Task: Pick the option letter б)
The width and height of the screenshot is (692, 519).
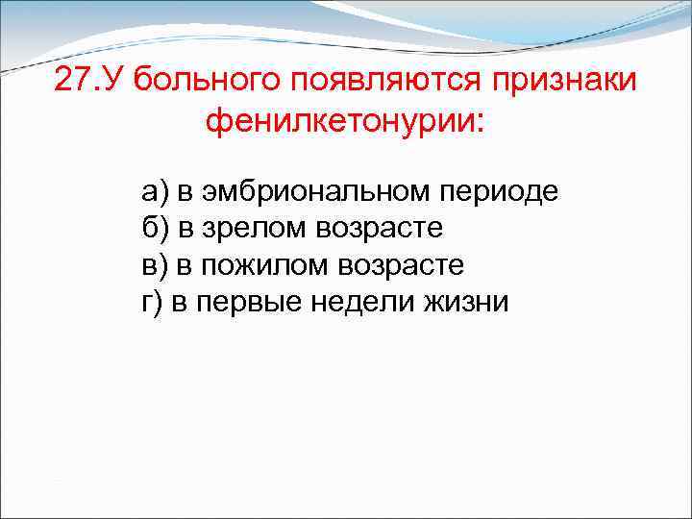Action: [155, 228]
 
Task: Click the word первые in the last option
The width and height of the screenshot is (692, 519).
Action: [252, 301]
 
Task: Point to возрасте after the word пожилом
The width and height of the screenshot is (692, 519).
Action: [403, 264]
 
